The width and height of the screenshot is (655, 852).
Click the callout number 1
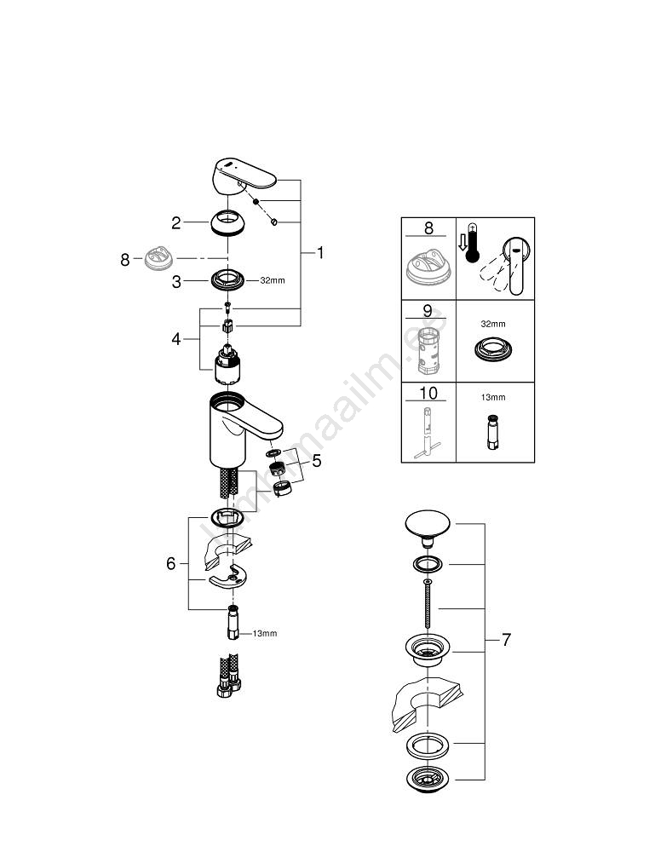pyautogui.click(x=321, y=253)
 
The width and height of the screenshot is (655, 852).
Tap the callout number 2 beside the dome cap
pyautogui.click(x=176, y=223)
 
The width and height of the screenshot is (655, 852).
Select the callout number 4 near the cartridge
pyautogui.click(x=176, y=339)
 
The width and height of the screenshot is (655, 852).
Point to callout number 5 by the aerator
pyautogui.click(x=316, y=461)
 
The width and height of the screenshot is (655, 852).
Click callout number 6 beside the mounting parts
pyautogui.click(x=170, y=563)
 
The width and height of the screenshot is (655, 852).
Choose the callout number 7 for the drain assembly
pyautogui.click(x=506, y=639)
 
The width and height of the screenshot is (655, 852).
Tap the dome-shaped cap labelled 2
pyautogui.click(x=228, y=223)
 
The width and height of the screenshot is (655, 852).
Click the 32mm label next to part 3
pyautogui.click(x=272, y=279)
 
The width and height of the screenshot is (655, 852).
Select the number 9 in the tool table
pyautogui.click(x=428, y=312)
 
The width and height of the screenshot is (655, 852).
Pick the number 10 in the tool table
pyautogui.click(x=428, y=394)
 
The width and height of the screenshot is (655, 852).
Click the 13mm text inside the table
pyautogui.click(x=492, y=397)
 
